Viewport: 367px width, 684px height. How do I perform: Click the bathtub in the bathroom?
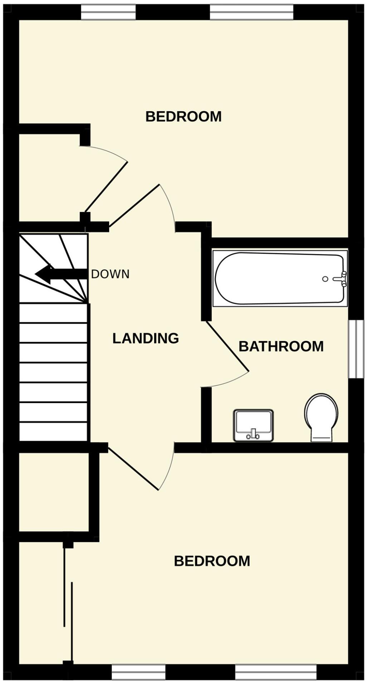click(279, 278)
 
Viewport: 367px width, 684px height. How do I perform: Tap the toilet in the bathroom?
click(321, 417)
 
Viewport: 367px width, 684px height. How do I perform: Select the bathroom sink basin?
click(253, 425)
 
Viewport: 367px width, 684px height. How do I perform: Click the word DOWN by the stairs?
click(110, 274)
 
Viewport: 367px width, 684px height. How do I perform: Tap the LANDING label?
click(146, 338)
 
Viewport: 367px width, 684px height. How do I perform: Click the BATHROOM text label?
click(281, 346)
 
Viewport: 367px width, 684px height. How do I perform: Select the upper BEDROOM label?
click(183, 117)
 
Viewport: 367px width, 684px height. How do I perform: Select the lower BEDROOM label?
click(212, 561)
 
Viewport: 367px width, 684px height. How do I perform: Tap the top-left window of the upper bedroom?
click(108, 13)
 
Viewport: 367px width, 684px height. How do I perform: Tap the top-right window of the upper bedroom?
click(251, 13)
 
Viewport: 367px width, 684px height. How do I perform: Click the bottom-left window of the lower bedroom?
click(138, 672)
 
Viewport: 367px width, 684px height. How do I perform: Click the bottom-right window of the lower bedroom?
click(275, 672)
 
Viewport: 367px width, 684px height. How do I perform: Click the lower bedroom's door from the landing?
click(133, 469)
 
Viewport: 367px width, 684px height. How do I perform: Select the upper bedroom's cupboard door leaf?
click(106, 187)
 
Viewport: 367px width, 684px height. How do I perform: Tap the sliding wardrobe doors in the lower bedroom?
click(68, 605)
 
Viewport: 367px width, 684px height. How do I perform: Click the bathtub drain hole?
click(325, 279)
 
